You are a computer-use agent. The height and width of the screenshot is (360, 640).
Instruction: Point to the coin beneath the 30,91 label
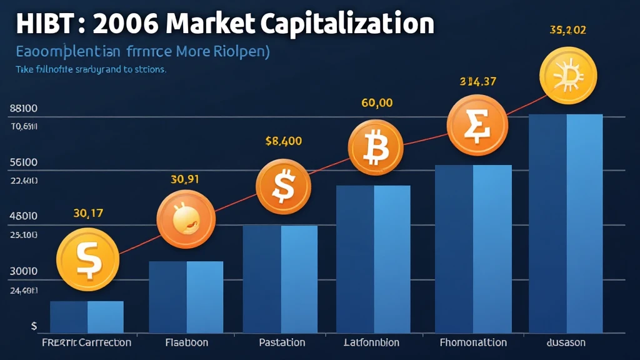[186, 219]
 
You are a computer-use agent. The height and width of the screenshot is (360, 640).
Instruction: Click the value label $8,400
[284, 141]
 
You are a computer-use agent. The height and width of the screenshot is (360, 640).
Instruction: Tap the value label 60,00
[377, 103]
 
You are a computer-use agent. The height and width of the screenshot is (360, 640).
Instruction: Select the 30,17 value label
[87, 213]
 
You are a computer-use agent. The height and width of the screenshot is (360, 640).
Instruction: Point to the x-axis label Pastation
[282, 342]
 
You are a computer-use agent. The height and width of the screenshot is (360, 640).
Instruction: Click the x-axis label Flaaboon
[186, 342]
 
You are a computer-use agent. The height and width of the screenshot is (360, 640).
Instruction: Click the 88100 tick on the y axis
[24, 108]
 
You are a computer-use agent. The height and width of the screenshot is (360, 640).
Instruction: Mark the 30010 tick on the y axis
[24, 272]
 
